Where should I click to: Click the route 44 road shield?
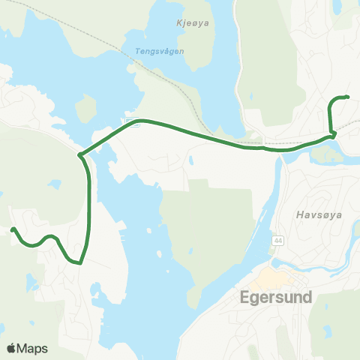[x=280, y=239]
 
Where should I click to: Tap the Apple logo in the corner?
[x=12, y=348]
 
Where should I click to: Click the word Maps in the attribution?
[x=33, y=348]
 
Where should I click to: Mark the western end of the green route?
[x=13, y=229]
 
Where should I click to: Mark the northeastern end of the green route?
[x=348, y=97]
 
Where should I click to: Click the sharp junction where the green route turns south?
[x=79, y=155]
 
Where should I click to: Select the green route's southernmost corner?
[x=78, y=263]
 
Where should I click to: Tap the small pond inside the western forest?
[x=53, y=183]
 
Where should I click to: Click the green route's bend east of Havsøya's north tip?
[x=332, y=133]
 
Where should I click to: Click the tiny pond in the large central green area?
[x=192, y=158]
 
